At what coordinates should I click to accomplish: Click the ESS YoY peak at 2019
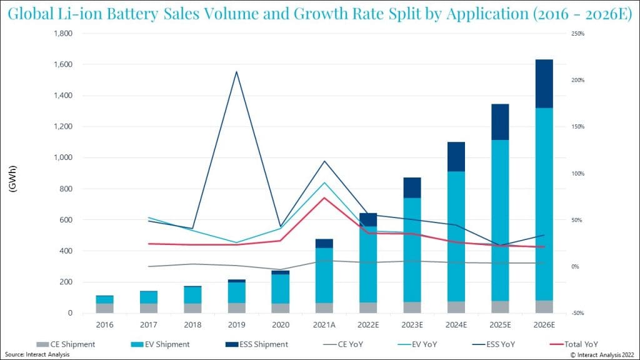coord(236,72)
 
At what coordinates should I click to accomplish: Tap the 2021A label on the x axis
coord(323,326)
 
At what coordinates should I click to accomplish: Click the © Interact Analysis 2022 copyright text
coord(603,354)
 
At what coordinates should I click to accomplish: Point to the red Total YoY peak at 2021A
coord(323,198)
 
